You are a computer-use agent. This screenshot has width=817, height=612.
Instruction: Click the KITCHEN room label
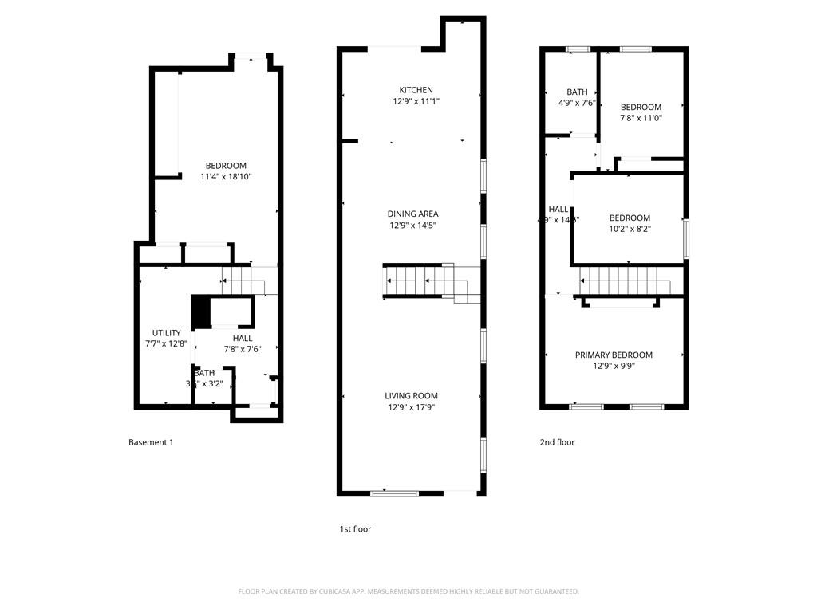[416, 90]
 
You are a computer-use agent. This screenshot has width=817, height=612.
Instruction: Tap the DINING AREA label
[412, 214]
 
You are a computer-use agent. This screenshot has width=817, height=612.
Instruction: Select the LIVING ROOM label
[411, 396]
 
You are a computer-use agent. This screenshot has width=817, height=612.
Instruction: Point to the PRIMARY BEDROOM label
[614, 355]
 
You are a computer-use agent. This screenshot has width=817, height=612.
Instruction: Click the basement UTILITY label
[166, 333]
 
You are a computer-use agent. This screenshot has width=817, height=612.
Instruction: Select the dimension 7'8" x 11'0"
[641, 118]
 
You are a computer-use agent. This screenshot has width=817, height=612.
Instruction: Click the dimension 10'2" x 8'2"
[630, 229]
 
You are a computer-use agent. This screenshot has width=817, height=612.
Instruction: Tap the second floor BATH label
[577, 92]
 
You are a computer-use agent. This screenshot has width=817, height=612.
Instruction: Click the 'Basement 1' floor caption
[151, 442]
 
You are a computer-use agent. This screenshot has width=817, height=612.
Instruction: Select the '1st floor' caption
[355, 529]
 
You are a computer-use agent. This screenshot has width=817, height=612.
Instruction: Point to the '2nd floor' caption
[557, 442]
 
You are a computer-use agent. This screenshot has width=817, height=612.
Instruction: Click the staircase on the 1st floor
[419, 281]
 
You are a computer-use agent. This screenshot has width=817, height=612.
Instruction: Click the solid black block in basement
[199, 312]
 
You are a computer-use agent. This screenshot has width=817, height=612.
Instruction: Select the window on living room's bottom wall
[394, 493]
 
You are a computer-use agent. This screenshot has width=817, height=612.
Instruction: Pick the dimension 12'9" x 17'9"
[411, 407]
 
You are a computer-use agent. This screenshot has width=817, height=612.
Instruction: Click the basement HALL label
[243, 339]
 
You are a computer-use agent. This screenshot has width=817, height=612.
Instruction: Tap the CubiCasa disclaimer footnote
[408, 591]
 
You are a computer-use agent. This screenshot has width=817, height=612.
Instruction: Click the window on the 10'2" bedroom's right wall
[685, 238]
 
